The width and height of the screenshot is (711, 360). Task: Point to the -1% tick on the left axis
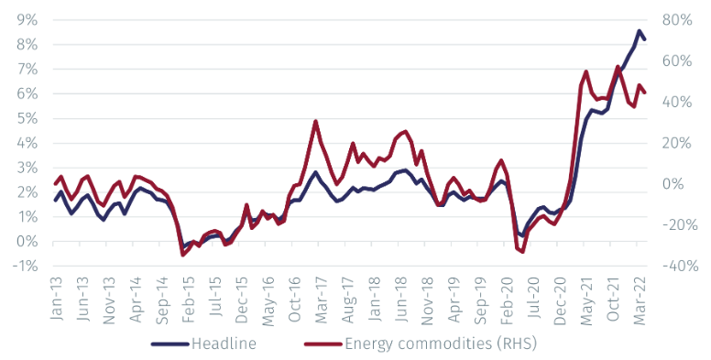25,267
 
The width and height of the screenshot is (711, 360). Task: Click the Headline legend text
224,344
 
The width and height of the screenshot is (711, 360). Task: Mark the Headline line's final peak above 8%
639,31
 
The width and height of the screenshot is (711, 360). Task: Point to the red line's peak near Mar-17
315,121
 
